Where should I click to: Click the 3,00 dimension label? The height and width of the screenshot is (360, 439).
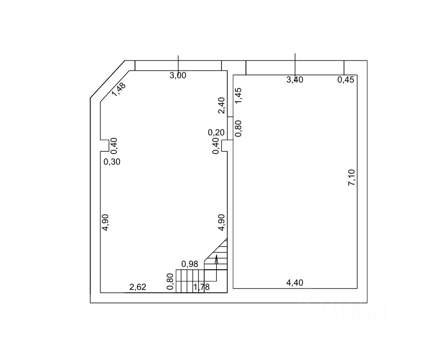[x=178, y=75]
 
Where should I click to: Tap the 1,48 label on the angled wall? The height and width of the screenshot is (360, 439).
[x=119, y=89]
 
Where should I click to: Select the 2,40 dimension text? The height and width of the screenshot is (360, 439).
[x=221, y=105]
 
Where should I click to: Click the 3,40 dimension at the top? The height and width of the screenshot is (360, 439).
[x=295, y=80]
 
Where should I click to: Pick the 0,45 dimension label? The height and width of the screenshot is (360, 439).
[x=346, y=80]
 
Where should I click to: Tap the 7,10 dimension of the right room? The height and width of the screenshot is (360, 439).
[x=352, y=178]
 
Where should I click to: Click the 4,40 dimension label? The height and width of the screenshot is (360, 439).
[x=294, y=283]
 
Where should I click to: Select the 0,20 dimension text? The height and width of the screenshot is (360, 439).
[x=216, y=132]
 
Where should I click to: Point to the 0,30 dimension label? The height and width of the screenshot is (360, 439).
[x=112, y=162]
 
